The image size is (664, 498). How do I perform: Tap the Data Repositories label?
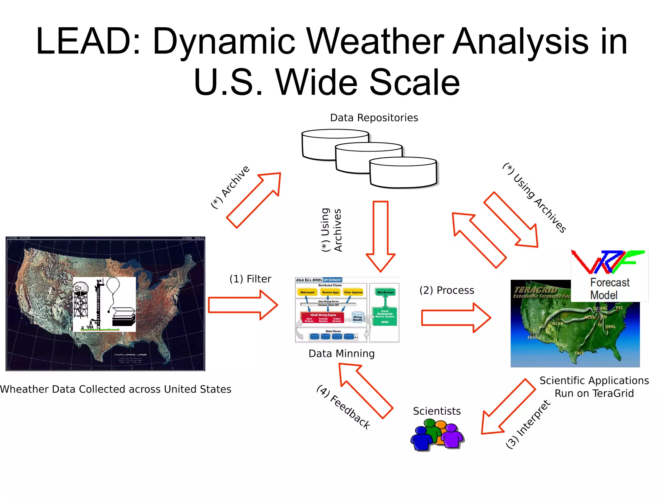click(x=374, y=118)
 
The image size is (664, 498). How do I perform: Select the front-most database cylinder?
click(x=403, y=173)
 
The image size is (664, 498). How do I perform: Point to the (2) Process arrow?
click(x=456, y=318)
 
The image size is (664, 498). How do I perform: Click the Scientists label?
click(x=436, y=411)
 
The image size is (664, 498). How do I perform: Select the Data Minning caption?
click(x=341, y=353)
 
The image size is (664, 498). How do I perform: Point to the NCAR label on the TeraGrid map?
click(x=557, y=323)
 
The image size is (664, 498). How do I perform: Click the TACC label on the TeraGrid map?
click(x=579, y=353)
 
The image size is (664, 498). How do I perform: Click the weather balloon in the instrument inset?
click(x=113, y=285)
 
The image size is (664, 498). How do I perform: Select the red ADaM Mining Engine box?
click(x=322, y=317)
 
